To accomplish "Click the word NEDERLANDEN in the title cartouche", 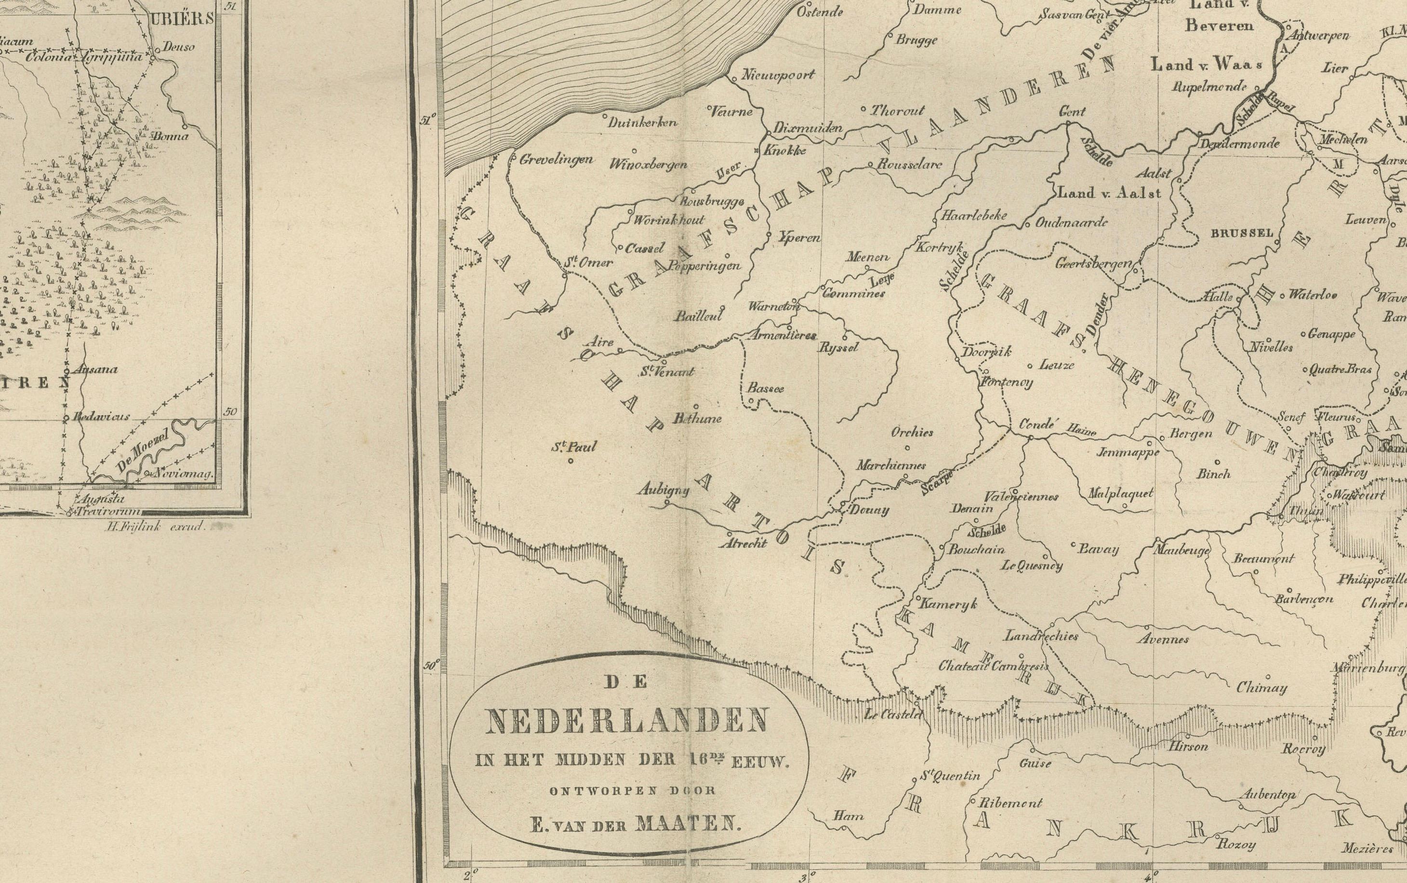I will point(626,722).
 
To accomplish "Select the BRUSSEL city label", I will point(1242,233).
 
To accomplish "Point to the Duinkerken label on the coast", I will point(642,122).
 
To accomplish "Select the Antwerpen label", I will point(1322,36).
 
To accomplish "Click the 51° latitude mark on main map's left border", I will point(428,121).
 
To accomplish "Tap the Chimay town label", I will point(1261,689).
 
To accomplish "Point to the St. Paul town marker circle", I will point(571,460).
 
